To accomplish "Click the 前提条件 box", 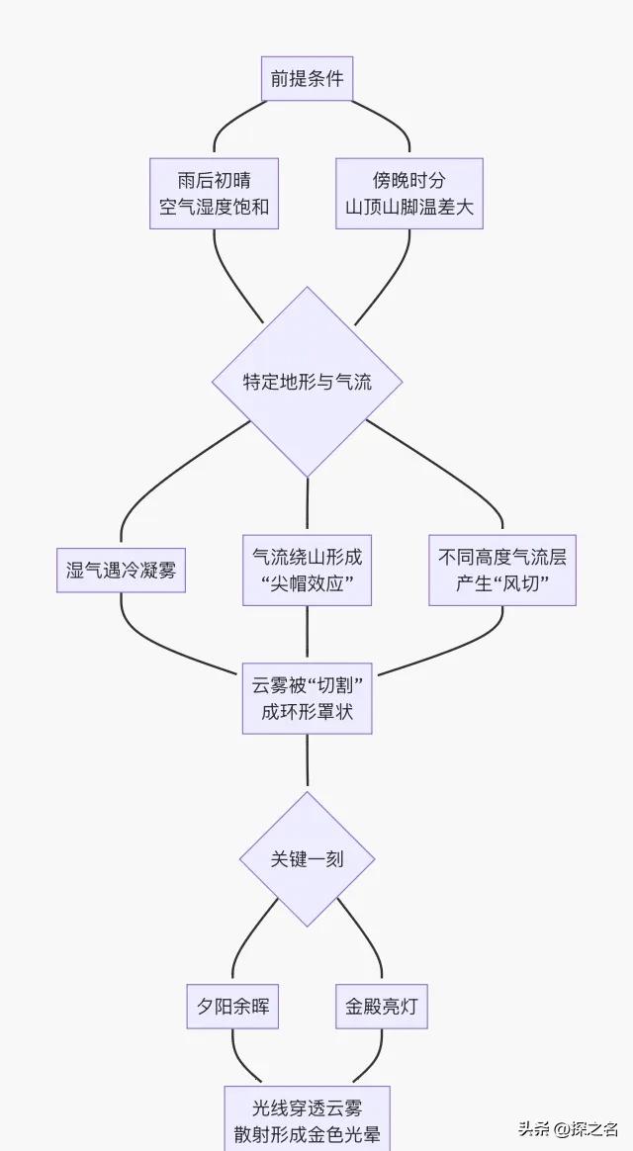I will click(307, 79).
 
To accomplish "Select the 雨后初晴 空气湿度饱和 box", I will click(214, 194).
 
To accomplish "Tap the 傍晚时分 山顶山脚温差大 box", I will click(408, 194).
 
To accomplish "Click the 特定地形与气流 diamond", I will click(308, 382).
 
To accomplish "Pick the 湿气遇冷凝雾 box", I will click(121, 570).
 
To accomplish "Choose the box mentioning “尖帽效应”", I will click(307, 571).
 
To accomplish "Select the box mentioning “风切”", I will click(502, 571).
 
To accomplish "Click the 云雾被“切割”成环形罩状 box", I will click(307, 698).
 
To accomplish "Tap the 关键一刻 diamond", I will click(307, 858).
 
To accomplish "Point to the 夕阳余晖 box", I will click(232, 1007).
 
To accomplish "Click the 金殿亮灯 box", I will click(381, 1007).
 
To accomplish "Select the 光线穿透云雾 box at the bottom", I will click(307, 1119).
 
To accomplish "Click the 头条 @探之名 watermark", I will click(569, 1128).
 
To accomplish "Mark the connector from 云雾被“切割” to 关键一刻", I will click(307, 762).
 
